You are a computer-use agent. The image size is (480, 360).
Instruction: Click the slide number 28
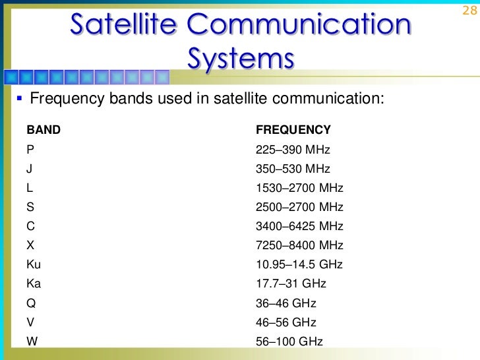click(x=469, y=11)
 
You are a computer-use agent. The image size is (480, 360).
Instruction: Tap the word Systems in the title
click(x=240, y=57)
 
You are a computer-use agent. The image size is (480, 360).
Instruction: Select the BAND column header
click(x=44, y=130)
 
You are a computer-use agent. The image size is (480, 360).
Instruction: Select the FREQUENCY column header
click(x=293, y=130)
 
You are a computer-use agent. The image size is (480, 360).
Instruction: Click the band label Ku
click(x=34, y=264)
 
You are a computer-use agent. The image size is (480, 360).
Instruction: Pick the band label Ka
click(x=34, y=284)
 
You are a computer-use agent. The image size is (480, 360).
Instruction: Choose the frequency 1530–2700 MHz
click(x=299, y=188)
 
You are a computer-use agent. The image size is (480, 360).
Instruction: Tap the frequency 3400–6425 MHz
click(x=299, y=226)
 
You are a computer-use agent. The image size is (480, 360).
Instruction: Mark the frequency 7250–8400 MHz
click(x=299, y=245)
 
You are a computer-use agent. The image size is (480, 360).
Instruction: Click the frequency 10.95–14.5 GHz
click(x=299, y=264)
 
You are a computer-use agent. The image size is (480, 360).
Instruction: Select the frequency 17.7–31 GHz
click(x=291, y=284)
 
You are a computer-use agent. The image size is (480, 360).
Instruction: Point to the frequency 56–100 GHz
click(x=289, y=342)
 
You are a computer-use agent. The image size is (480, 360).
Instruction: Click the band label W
click(x=32, y=342)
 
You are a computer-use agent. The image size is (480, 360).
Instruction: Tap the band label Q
click(x=31, y=303)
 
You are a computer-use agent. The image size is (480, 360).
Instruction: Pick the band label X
click(x=30, y=245)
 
